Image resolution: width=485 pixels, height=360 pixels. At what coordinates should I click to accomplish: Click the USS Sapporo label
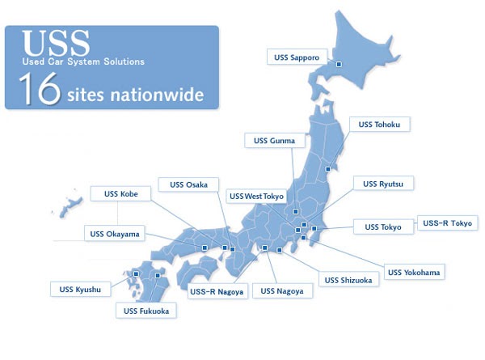[x=297, y=57]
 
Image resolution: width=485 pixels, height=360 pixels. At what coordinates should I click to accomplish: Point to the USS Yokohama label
[x=414, y=272]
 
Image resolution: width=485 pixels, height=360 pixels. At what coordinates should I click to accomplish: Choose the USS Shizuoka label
[x=348, y=280]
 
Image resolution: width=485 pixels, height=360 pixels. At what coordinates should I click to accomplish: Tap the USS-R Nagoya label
[x=216, y=291]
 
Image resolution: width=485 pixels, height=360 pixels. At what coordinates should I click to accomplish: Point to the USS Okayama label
[x=112, y=235]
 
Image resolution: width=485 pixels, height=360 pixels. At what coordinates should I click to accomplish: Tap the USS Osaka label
[x=188, y=184]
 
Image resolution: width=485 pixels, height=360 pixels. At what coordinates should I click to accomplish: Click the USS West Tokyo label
[x=257, y=197]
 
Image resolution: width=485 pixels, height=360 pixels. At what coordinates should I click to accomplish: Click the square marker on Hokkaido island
[x=339, y=63]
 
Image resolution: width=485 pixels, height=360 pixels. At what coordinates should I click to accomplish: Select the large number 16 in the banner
[x=38, y=90]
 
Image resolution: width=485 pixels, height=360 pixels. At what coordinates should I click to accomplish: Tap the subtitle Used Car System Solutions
[x=83, y=61]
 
